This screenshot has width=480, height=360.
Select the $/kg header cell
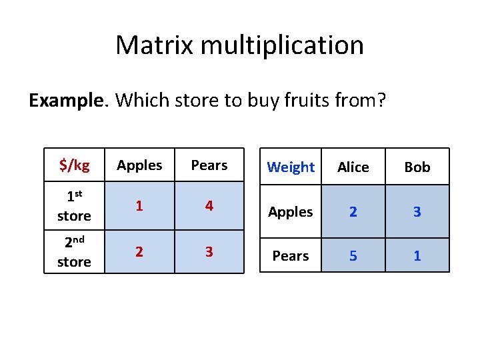(x=74, y=165)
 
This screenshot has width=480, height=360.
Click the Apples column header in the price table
(x=139, y=165)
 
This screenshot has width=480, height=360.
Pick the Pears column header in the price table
(x=209, y=165)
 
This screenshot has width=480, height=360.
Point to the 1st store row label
(x=74, y=207)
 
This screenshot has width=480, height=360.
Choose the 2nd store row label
(x=74, y=252)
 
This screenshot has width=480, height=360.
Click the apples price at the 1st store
(x=139, y=207)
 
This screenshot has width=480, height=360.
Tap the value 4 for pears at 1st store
(x=209, y=207)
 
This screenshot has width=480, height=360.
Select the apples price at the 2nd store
(x=139, y=252)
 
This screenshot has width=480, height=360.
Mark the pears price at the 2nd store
(x=209, y=252)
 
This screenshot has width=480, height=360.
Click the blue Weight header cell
(x=291, y=167)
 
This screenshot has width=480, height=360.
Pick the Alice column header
(x=353, y=167)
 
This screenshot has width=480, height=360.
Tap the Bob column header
(x=417, y=167)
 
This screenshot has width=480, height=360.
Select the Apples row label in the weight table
(x=291, y=212)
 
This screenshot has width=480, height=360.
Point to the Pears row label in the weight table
(x=291, y=256)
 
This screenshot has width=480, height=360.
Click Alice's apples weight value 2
(x=353, y=212)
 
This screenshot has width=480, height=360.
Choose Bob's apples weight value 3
(x=417, y=212)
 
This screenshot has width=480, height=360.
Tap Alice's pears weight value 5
(x=353, y=256)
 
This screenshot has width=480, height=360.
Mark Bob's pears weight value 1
(x=417, y=256)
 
